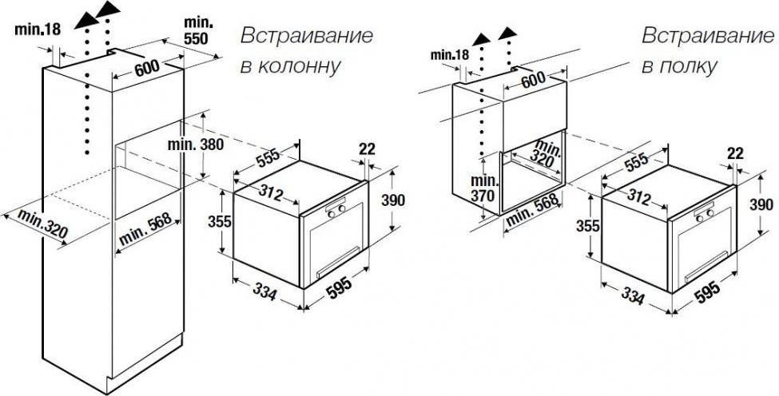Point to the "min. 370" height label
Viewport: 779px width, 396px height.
[x=483, y=188]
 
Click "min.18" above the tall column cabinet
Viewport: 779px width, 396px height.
[x=38, y=30]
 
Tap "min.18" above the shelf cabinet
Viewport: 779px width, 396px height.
[x=450, y=54]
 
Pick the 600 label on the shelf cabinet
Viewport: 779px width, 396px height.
[x=533, y=79]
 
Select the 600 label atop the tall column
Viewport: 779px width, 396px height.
[x=147, y=68]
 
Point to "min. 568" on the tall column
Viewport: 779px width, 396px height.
[x=145, y=229]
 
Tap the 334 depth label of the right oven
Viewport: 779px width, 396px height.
[x=633, y=296]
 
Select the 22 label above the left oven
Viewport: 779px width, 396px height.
[x=367, y=148]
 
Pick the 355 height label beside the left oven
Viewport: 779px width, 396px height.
[x=220, y=221]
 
